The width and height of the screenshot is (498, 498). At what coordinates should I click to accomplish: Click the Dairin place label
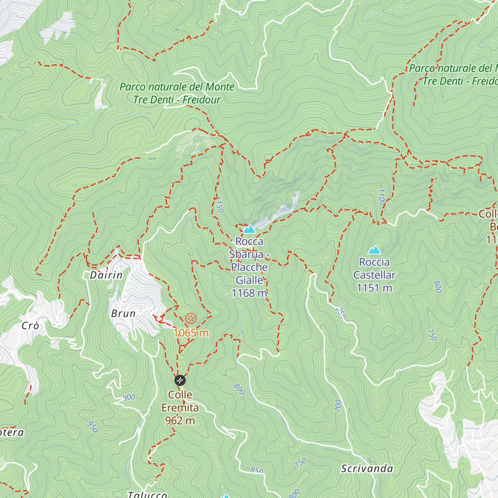tap(106, 275)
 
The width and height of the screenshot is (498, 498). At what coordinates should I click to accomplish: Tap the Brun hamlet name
tap(123, 314)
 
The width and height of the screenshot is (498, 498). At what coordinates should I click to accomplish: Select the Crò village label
tap(30, 326)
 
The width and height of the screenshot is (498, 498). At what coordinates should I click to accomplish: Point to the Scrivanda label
tap(367, 469)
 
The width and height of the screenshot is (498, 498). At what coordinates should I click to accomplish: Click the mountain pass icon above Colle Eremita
tap(180, 380)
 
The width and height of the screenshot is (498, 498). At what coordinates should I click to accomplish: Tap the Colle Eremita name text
tap(180, 401)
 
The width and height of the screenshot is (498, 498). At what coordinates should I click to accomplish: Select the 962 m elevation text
tap(180, 421)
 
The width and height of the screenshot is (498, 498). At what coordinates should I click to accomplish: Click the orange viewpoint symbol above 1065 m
tap(190, 319)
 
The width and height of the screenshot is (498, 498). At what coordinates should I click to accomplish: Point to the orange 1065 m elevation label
tap(191, 333)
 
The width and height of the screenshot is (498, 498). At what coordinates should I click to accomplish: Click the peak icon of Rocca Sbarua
tap(249, 229)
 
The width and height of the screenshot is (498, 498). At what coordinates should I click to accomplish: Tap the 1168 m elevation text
tap(249, 293)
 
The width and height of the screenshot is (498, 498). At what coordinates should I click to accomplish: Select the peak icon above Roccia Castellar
tap(374, 250)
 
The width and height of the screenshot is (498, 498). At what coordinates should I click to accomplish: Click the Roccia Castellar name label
tap(374, 269)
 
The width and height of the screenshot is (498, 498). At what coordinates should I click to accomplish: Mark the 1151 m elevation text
tap(374, 288)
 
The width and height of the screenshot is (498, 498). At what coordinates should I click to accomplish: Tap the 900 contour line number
tap(129, 397)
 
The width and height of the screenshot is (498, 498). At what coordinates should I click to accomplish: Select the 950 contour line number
tap(93, 427)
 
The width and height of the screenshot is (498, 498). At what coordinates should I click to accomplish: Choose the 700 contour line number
tap(338, 405)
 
